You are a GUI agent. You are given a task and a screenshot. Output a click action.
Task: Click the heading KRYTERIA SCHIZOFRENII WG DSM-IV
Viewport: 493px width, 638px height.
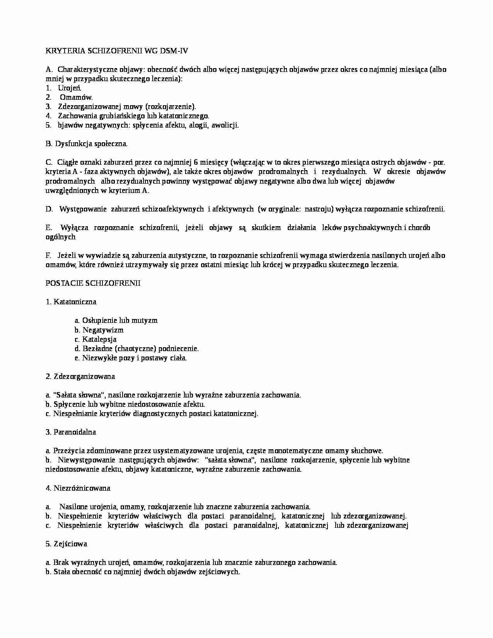117,51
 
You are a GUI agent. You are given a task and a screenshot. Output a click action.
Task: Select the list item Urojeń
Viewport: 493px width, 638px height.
70,88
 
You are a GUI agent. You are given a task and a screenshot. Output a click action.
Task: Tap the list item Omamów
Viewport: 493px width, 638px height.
76,97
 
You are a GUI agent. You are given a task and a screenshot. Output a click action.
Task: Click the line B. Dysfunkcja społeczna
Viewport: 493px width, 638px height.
86,144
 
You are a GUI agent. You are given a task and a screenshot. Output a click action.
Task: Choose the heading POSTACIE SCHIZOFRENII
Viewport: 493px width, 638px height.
93,283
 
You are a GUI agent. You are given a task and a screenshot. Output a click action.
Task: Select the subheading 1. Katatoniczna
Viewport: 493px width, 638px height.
71,302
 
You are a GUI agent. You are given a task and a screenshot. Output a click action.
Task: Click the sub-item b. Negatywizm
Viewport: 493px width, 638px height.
99,330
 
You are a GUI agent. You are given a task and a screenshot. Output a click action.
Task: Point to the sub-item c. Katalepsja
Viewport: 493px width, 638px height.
96,339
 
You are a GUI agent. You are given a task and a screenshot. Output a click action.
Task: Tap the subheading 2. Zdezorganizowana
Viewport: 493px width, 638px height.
80,377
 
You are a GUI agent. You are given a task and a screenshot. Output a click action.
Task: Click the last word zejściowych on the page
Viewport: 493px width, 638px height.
222,572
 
